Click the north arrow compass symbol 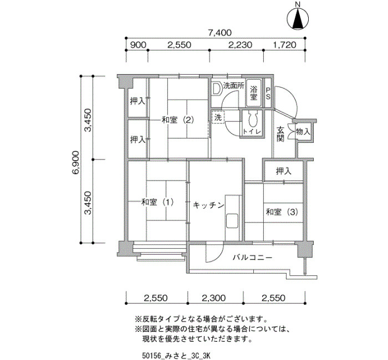pos(298,18)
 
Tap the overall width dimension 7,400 pos(216,33)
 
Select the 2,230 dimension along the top pos(241,45)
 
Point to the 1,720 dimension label pos(284,45)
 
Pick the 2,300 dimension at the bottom pos(214,298)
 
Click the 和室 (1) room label pos(157,202)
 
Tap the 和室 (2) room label pos(178,120)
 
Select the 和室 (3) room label pos(282,212)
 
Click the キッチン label pos(208,205)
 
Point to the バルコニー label pos(252,258)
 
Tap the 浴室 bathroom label pos(253,92)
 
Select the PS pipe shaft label pos(268,93)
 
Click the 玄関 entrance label pos(280,134)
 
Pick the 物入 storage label pos(303,132)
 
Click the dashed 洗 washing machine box pos(218,117)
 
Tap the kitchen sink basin pos(232,221)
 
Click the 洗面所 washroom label pos(233,85)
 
